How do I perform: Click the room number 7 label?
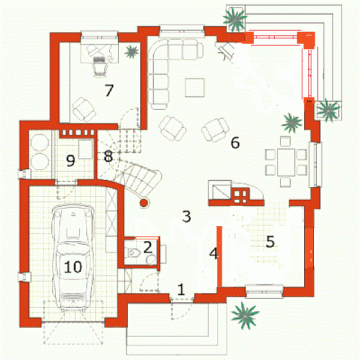pos(109,90)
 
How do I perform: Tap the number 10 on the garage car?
pos(73,267)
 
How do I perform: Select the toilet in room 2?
pos(134,253)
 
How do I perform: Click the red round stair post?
pos(144,203)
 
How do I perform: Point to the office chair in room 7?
pos(100,66)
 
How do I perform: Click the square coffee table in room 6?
pos(194,88)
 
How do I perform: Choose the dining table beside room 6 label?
pos(286,162)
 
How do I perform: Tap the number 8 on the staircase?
pos(108,156)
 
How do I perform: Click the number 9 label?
pos(70,160)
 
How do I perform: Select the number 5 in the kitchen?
pos(270,241)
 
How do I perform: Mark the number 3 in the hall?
pos(187,216)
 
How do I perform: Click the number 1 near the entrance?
pos(181,289)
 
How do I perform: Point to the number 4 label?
pos(214,253)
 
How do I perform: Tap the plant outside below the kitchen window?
pos(245,315)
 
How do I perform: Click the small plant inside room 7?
pos(131,52)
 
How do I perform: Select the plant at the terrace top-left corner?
pos(235,19)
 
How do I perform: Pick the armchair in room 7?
pos(83,109)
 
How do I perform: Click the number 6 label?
pos(235,142)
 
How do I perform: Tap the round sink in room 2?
pos(151,260)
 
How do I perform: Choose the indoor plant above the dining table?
pos(292,123)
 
